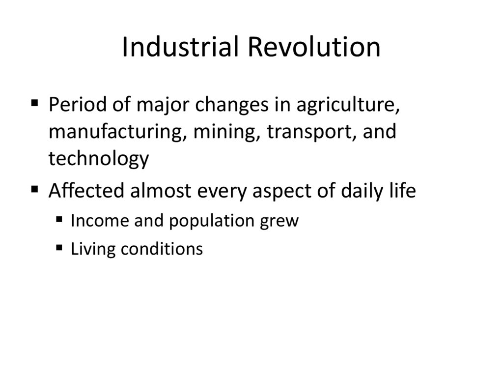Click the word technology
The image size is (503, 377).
tap(98, 159)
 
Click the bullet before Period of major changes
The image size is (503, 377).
tap(34, 104)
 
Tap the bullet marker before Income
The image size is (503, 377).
tap(59, 220)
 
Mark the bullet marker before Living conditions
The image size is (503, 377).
tap(59, 248)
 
